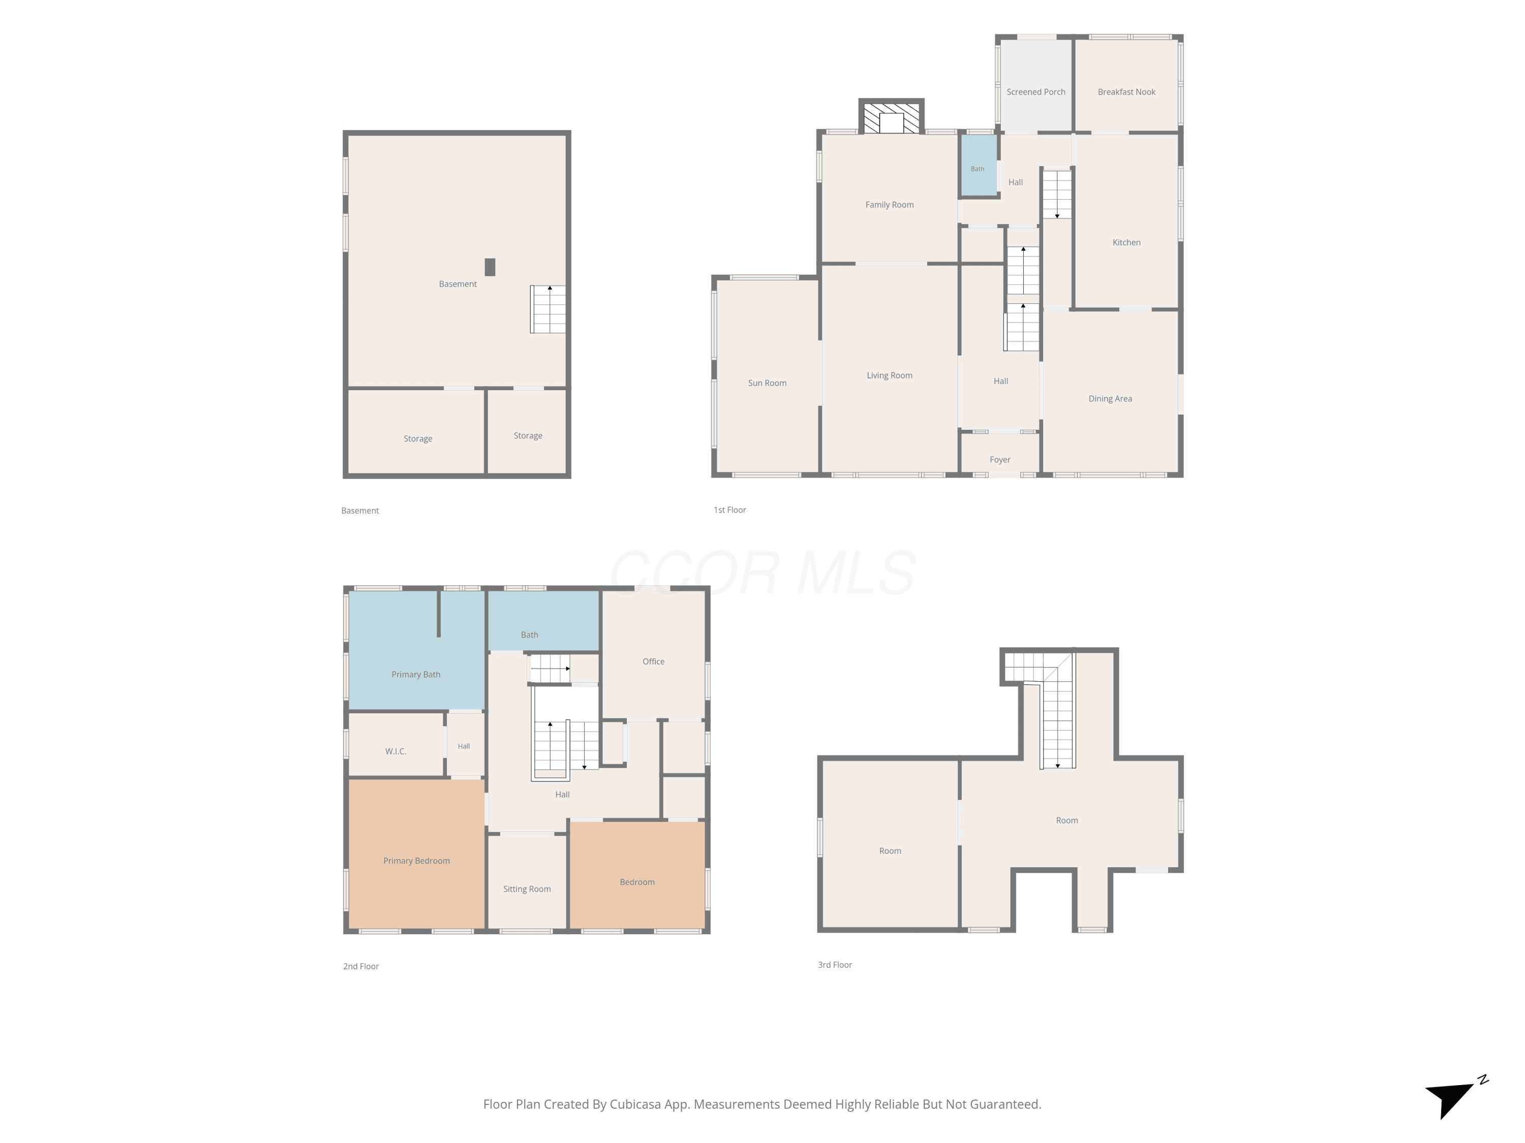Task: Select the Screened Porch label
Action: pos(1035,91)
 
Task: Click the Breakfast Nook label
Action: pos(1126,91)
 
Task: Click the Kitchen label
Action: pos(1126,242)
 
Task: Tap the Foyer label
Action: pos(1000,460)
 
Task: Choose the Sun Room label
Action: pos(767,383)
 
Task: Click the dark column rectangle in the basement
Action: pos(490,267)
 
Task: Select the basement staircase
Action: pos(548,309)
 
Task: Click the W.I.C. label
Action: pos(395,751)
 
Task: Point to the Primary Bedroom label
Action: pos(416,861)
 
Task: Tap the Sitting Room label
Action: pos(527,889)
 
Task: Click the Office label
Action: pos(654,661)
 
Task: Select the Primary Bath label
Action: pos(416,675)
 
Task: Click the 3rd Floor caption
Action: pos(835,965)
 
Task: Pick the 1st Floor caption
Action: pos(729,510)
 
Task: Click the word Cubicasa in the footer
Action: pos(634,1104)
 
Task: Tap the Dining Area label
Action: pos(1110,398)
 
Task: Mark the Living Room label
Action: pos(890,375)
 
